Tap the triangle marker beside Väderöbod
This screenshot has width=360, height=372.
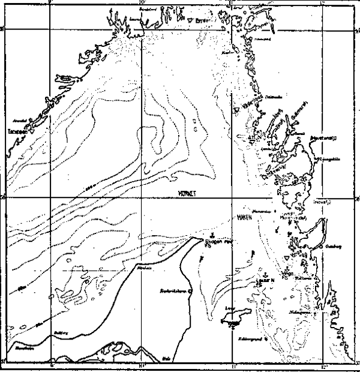pyautogui.click(x=235, y=112)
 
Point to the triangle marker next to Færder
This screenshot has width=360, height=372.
pyautogui.click(x=190, y=20)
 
